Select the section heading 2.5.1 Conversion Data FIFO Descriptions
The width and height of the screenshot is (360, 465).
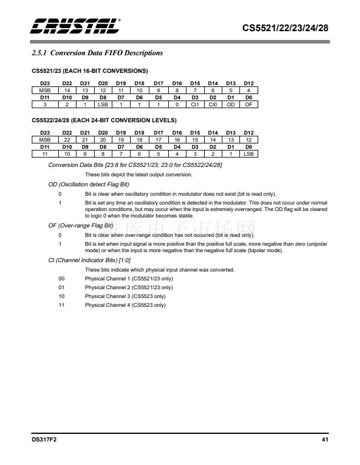click(x=97, y=53)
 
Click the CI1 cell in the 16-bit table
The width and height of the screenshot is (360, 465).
click(x=195, y=105)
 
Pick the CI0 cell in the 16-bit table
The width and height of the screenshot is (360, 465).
click(x=213, y=105)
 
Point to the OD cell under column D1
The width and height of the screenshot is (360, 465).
click(x=231, y=105)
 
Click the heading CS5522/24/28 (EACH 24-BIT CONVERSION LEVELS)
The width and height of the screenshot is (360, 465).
click(x=104, y=120)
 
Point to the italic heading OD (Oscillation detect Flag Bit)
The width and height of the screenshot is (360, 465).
click(x=88, y=185)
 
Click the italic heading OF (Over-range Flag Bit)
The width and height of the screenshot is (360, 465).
click(x=81, y=226)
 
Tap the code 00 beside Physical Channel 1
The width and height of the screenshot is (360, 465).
click(x=61, y=278)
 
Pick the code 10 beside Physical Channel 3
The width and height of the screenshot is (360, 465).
click(x=61, y=296)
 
